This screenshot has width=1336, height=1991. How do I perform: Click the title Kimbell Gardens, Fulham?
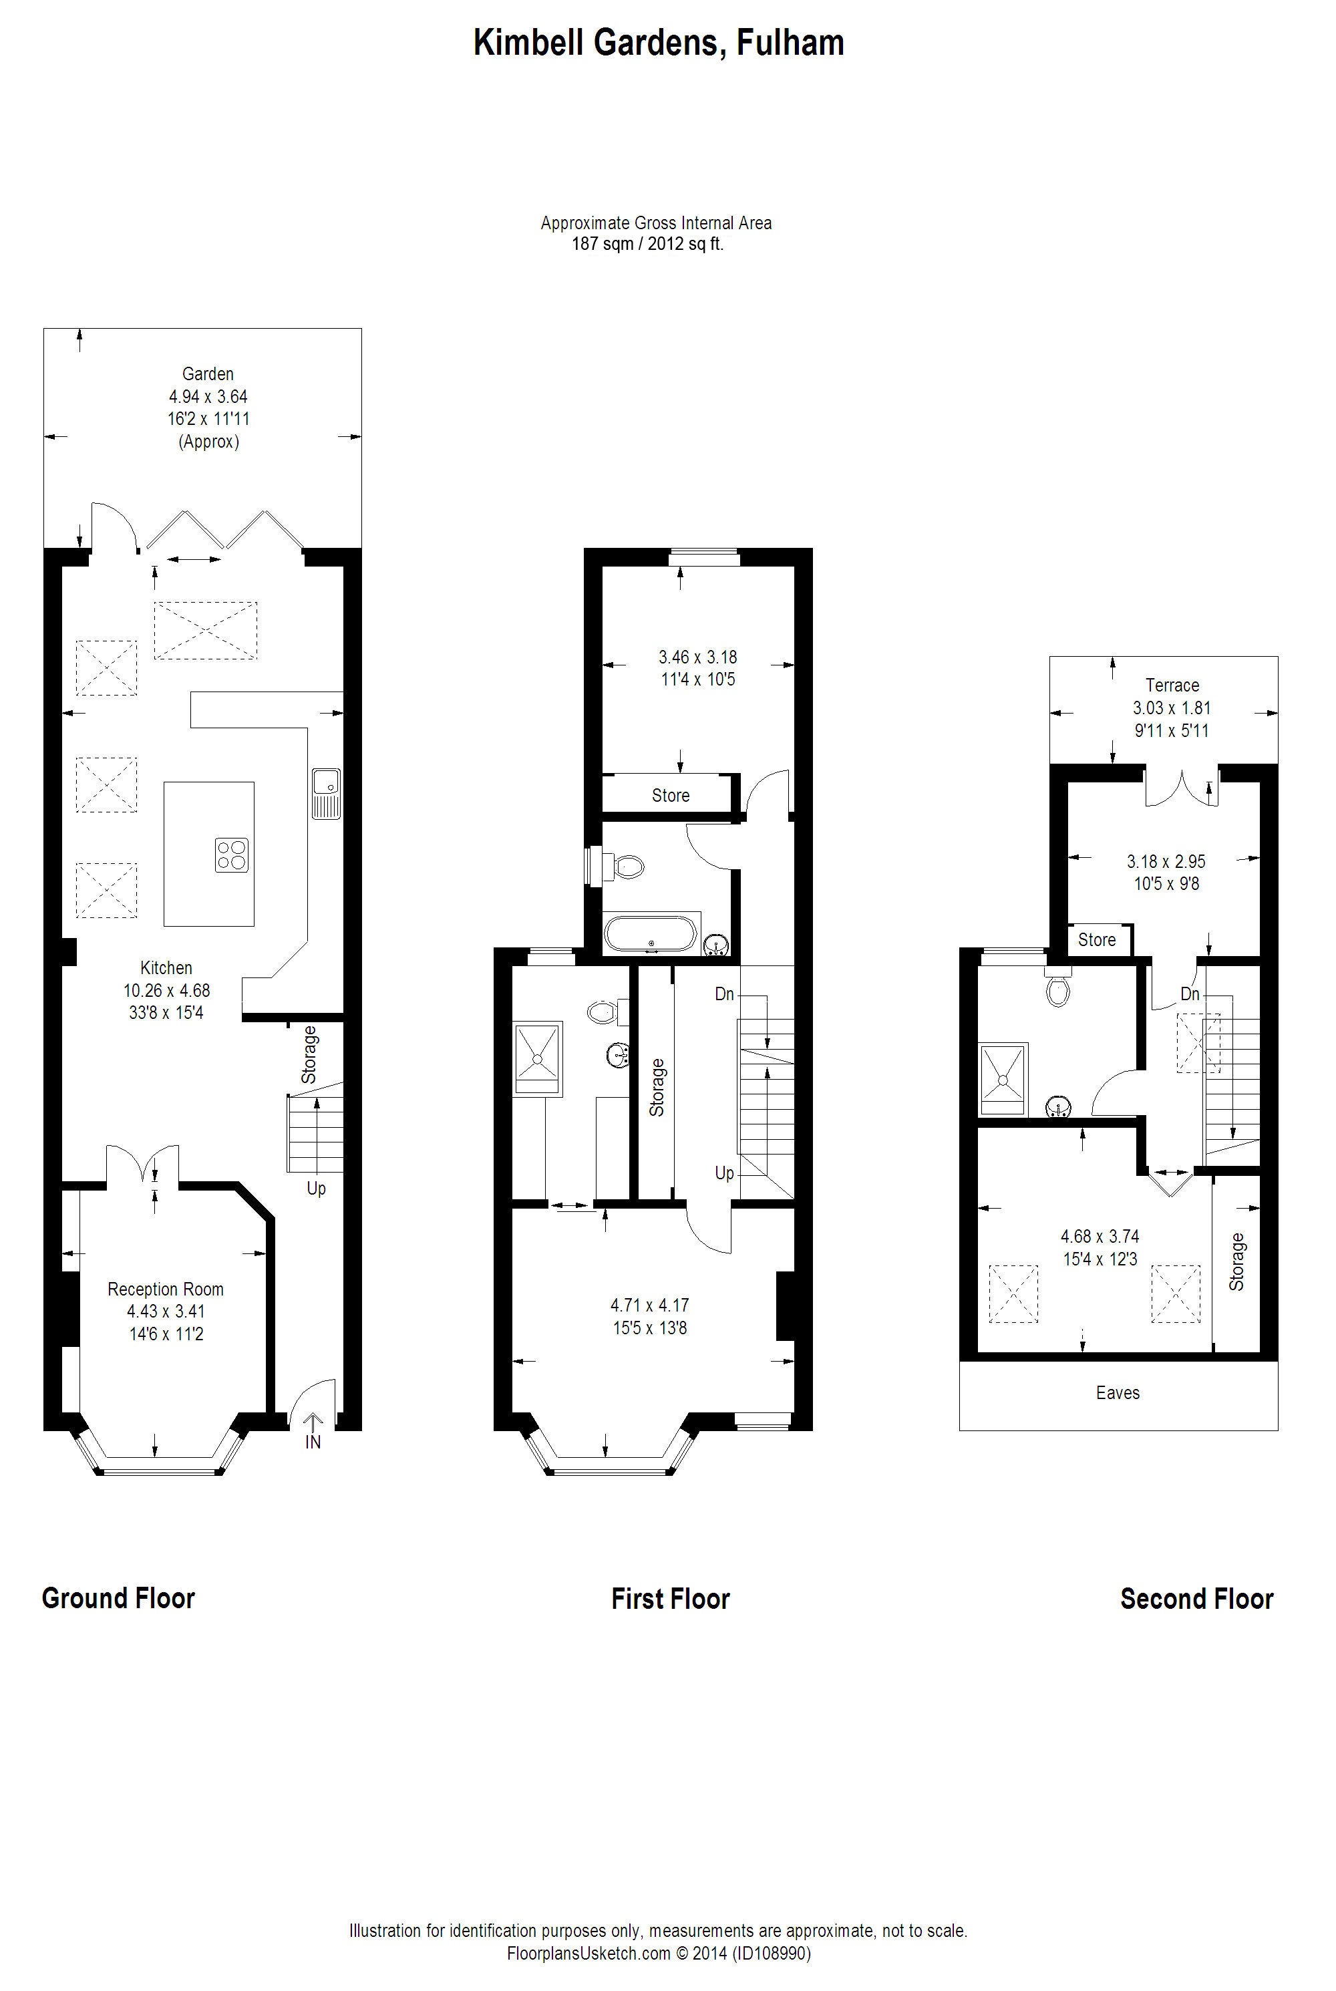pos(659,43)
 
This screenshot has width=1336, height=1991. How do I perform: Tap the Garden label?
pos(208,374)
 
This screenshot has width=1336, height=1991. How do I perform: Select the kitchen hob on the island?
pos(232,855)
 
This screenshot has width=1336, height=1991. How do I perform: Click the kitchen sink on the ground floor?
pos(327,794)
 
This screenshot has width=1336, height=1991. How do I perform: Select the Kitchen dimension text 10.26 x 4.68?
pos(166,991)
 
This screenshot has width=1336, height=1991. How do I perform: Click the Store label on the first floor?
pos(671,796)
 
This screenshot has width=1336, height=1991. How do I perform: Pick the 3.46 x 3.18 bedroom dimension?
pos(698,657)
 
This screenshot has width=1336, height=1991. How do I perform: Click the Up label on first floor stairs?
pos(724,1174)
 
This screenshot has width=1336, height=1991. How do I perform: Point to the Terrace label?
pos(1172,685)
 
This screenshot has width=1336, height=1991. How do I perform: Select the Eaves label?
pos(1118,1393)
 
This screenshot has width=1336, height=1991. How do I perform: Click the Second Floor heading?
pos(1196,1599)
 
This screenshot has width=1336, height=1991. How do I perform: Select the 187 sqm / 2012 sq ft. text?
pos(647,245)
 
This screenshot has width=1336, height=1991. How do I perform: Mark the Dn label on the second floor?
pos(1190,994)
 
